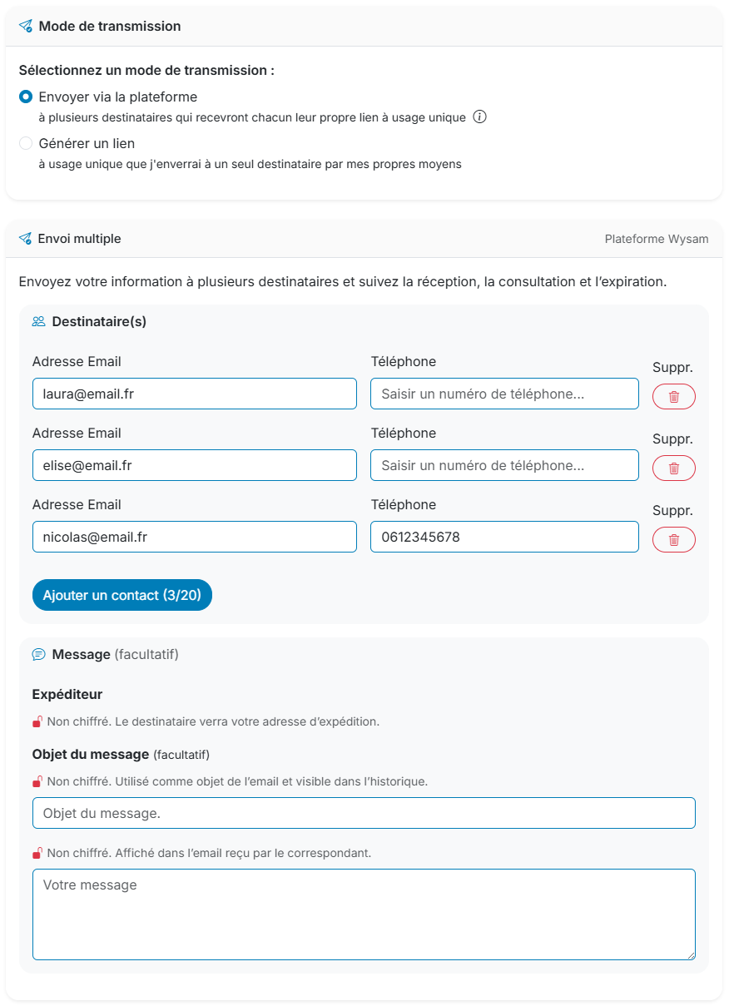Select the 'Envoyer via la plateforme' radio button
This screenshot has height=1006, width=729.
click(26, 97)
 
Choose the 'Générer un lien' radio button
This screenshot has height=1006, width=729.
click(26, 144)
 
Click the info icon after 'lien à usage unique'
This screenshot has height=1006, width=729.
click(479, 117)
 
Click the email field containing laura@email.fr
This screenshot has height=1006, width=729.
click(194, 394)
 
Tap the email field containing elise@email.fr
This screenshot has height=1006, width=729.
click(194, 465)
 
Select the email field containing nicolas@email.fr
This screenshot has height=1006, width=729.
click(194, 537)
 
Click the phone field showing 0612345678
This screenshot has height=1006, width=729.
click(504, 537)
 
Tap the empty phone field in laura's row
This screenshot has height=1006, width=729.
click(504, 394)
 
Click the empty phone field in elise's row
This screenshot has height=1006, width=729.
click(504, 465)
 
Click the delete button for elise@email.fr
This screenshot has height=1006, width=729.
click(673, 468)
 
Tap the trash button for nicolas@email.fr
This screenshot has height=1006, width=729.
click(673, 540)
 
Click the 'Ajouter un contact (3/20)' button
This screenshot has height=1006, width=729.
click(122, 595)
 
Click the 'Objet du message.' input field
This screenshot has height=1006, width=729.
click(364, 813)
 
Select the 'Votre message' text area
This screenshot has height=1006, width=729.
click(364, 914)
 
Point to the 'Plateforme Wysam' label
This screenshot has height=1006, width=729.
click(657, 239)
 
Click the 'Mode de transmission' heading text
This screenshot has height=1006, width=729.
click(110, 27)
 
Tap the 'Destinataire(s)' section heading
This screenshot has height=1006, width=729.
click(99, 321)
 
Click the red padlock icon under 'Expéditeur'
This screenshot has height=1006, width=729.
click(37, 721)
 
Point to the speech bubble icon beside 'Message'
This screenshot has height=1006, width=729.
click(38, 655)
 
